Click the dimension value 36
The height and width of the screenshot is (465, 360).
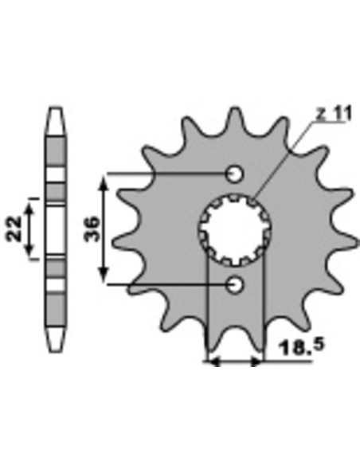[x=92, y=229]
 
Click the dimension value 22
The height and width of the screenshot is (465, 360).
[x=14, y=229]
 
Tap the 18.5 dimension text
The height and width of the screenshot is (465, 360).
[x=302, y=346]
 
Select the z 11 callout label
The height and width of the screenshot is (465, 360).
[x=333, y=114]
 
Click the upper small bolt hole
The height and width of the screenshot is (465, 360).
[x=235, y=174]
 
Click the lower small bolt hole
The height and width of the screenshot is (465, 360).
[x=235, y=285]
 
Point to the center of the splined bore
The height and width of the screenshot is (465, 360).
[x=235, y=229]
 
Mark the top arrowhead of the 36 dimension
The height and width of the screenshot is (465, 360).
[x=104, y=182]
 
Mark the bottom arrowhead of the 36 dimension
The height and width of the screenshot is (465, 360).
[x=104, y=275]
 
